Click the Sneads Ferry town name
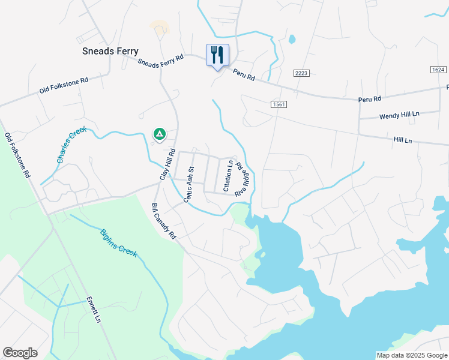pyautogui.click(x=110, y=52)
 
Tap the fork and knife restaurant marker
pyautogui.click(x=217, y=55)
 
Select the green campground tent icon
pyautogui.click(x=159, y=133)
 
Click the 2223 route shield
pyautogui.click(x=301, y=73)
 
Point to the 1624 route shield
pyautogui.click(x=438, y=70)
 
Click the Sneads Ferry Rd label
pyautogui.click(x=160, y=61)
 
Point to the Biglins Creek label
pyautogui.click(x=119, y=242)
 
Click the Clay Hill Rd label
pyautogui.click(x=166, y=164)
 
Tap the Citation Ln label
pyautogui.click(x=228, y=175)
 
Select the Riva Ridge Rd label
pyautogui.click(x=241, y=179)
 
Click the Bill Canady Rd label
pyautogui.click(x=163, y=221)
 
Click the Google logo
pyautogui.click(x=20, y=353)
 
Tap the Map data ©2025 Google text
pyautogui.click(x=411, y=355)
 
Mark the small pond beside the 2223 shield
pyautogui.click(x=292, y=40)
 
